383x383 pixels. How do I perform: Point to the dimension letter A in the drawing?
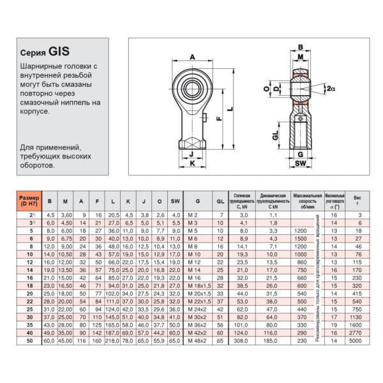[192, 57]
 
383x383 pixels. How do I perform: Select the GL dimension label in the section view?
[275, 135]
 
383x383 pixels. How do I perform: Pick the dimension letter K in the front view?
[191, 164]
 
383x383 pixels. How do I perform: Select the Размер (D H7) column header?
[28, 200]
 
